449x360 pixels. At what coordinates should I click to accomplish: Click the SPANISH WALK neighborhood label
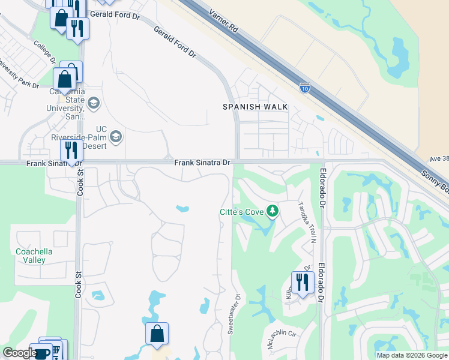(255, 107)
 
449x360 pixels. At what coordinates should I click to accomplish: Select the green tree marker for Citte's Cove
(273, 211)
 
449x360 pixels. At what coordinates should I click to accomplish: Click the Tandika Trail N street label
(308, 221)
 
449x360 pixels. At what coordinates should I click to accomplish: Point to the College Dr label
(45, 53)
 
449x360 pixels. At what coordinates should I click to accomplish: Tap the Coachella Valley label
(34, 256)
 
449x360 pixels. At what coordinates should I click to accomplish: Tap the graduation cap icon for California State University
(93, 103)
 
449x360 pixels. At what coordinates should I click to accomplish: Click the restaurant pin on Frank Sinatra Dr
(71, 151)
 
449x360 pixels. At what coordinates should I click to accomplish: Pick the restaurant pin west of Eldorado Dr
(302, 282)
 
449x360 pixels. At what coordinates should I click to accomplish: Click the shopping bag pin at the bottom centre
(157, 334)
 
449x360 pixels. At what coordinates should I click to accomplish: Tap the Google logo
(20, 353)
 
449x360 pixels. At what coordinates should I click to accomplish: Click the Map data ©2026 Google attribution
(412, 355)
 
